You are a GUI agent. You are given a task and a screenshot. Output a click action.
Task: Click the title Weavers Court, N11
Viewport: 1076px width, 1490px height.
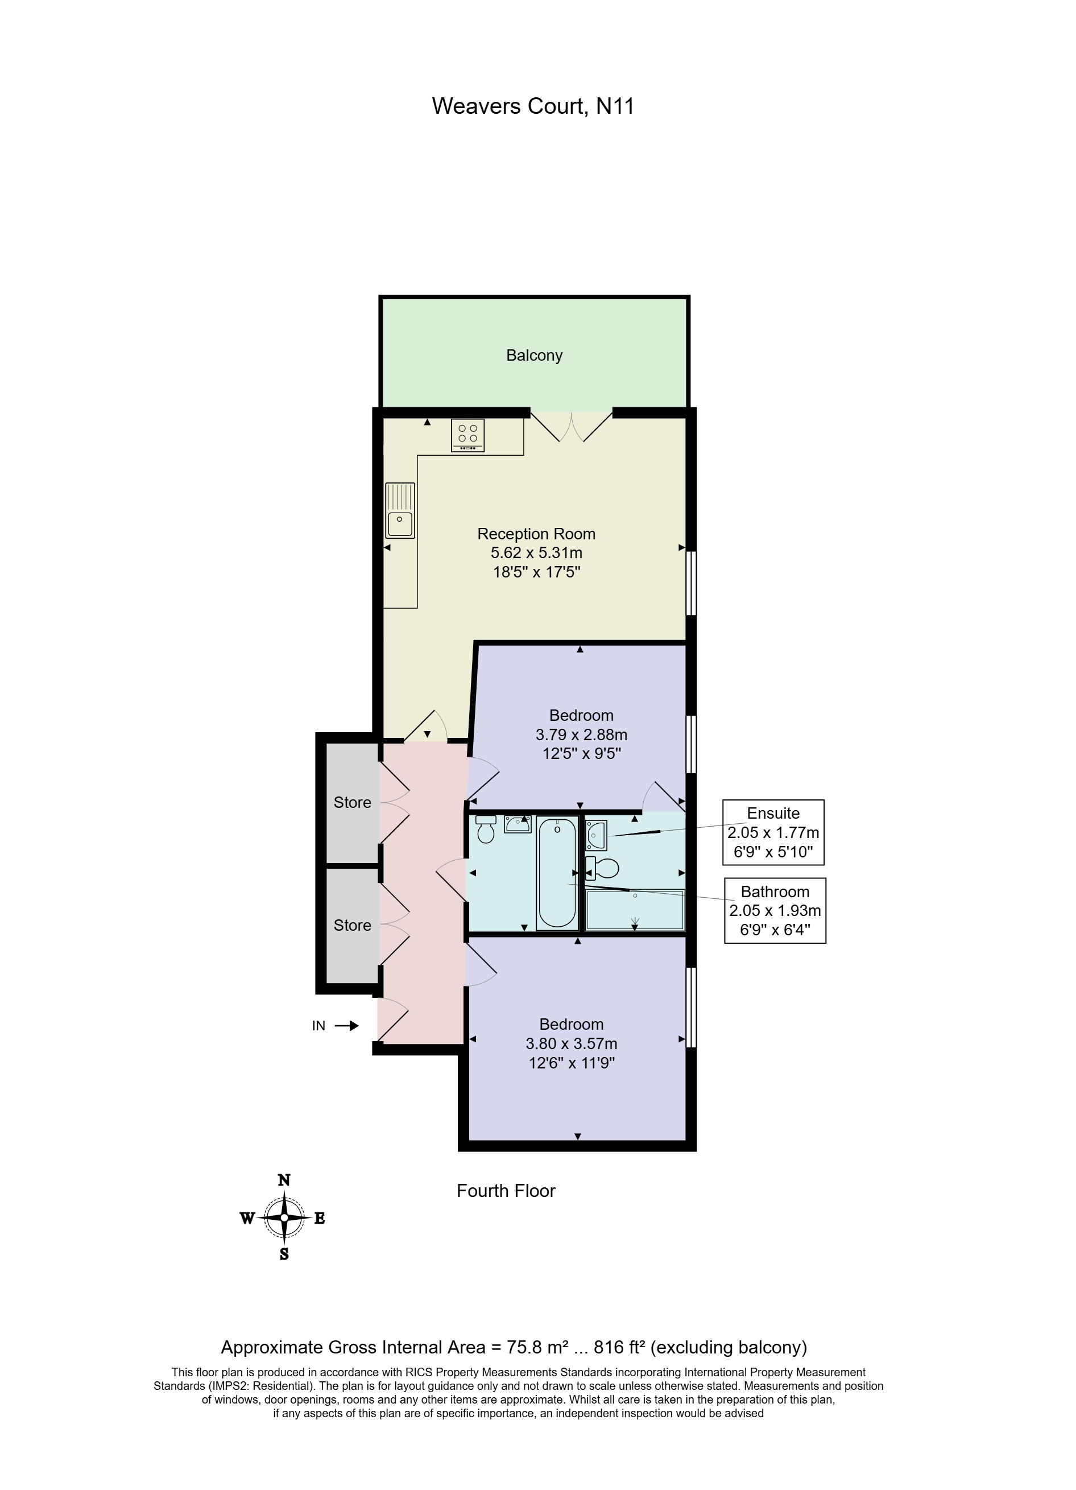(533, 106)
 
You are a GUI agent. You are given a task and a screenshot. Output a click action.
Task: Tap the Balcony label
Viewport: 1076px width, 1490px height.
(534, 356)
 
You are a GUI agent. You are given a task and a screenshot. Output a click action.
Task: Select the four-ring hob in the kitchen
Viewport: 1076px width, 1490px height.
(467, 435)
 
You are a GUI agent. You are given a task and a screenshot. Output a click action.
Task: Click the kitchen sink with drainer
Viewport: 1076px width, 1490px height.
(400, 510)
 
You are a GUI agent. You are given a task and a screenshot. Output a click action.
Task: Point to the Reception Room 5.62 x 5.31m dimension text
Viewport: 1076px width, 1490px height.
(536, 552)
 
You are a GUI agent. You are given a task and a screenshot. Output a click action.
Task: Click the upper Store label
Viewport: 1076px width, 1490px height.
(352, 802)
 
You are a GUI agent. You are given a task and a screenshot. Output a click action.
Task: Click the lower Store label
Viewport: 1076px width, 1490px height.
(352, 925)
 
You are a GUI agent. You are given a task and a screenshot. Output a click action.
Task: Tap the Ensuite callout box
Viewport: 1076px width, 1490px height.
(773, 832)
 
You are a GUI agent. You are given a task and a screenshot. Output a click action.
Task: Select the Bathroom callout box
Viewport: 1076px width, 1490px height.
(775, 910)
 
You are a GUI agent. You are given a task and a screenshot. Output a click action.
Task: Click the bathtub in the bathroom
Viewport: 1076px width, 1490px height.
(557, 872)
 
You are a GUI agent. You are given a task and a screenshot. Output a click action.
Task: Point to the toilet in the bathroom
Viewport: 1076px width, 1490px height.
(486, 831)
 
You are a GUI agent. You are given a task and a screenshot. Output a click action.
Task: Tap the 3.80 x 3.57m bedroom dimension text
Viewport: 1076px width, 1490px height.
(572, 1043)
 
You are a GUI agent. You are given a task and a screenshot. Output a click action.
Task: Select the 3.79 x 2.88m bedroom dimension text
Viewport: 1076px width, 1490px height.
(581, 734)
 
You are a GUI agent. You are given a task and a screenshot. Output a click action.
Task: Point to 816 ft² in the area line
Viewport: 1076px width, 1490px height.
(618, 1347)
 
